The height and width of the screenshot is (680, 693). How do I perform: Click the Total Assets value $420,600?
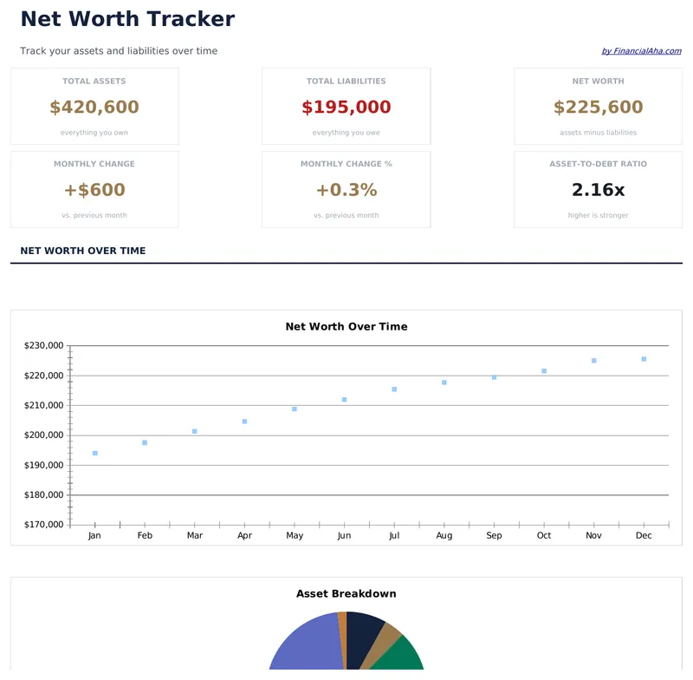(94, 108)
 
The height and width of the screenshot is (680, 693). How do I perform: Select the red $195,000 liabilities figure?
(346, 108)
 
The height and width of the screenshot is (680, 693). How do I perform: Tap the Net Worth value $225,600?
(598, 108)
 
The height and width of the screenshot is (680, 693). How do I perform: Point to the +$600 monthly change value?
(94, 190)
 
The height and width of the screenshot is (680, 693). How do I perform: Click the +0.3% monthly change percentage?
(346, 190)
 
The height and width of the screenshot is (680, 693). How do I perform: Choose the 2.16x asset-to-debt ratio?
(598, 190)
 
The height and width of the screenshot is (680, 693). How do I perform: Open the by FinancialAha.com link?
(641, 51)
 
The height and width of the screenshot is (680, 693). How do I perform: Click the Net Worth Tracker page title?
(127, 19)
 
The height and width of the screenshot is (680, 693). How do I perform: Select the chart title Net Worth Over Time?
(346, 327)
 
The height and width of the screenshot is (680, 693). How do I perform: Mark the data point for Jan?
(95, 454)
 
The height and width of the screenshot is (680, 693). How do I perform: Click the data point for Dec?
(644, 359)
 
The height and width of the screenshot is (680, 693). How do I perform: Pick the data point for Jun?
(344, 400)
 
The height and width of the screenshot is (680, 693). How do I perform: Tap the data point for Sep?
(494, 377)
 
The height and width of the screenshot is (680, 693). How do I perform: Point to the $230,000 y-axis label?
(44, 346)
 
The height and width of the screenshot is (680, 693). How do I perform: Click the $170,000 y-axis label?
(44, 525)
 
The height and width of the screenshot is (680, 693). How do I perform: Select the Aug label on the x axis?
(444, 536)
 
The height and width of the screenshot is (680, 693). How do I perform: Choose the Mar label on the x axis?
(195, 536)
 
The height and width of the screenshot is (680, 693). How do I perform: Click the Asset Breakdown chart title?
(346, 594)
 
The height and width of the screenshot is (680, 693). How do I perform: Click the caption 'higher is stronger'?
(598, 215)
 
